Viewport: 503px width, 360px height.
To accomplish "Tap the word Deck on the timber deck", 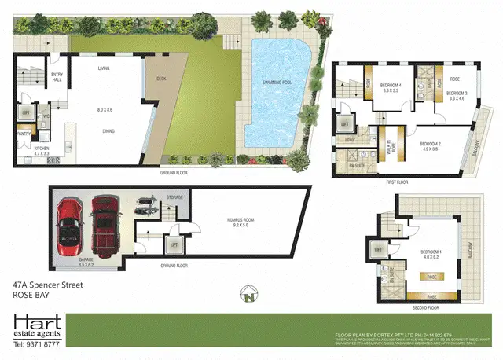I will point(161,79).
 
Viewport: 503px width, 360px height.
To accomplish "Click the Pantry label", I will point(24,134).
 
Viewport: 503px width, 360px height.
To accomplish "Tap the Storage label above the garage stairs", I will point(174,197).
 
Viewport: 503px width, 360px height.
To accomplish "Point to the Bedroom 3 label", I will point(457,95).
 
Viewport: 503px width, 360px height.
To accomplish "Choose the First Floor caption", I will point(401,181).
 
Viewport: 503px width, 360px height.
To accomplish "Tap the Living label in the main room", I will point(103,69).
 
